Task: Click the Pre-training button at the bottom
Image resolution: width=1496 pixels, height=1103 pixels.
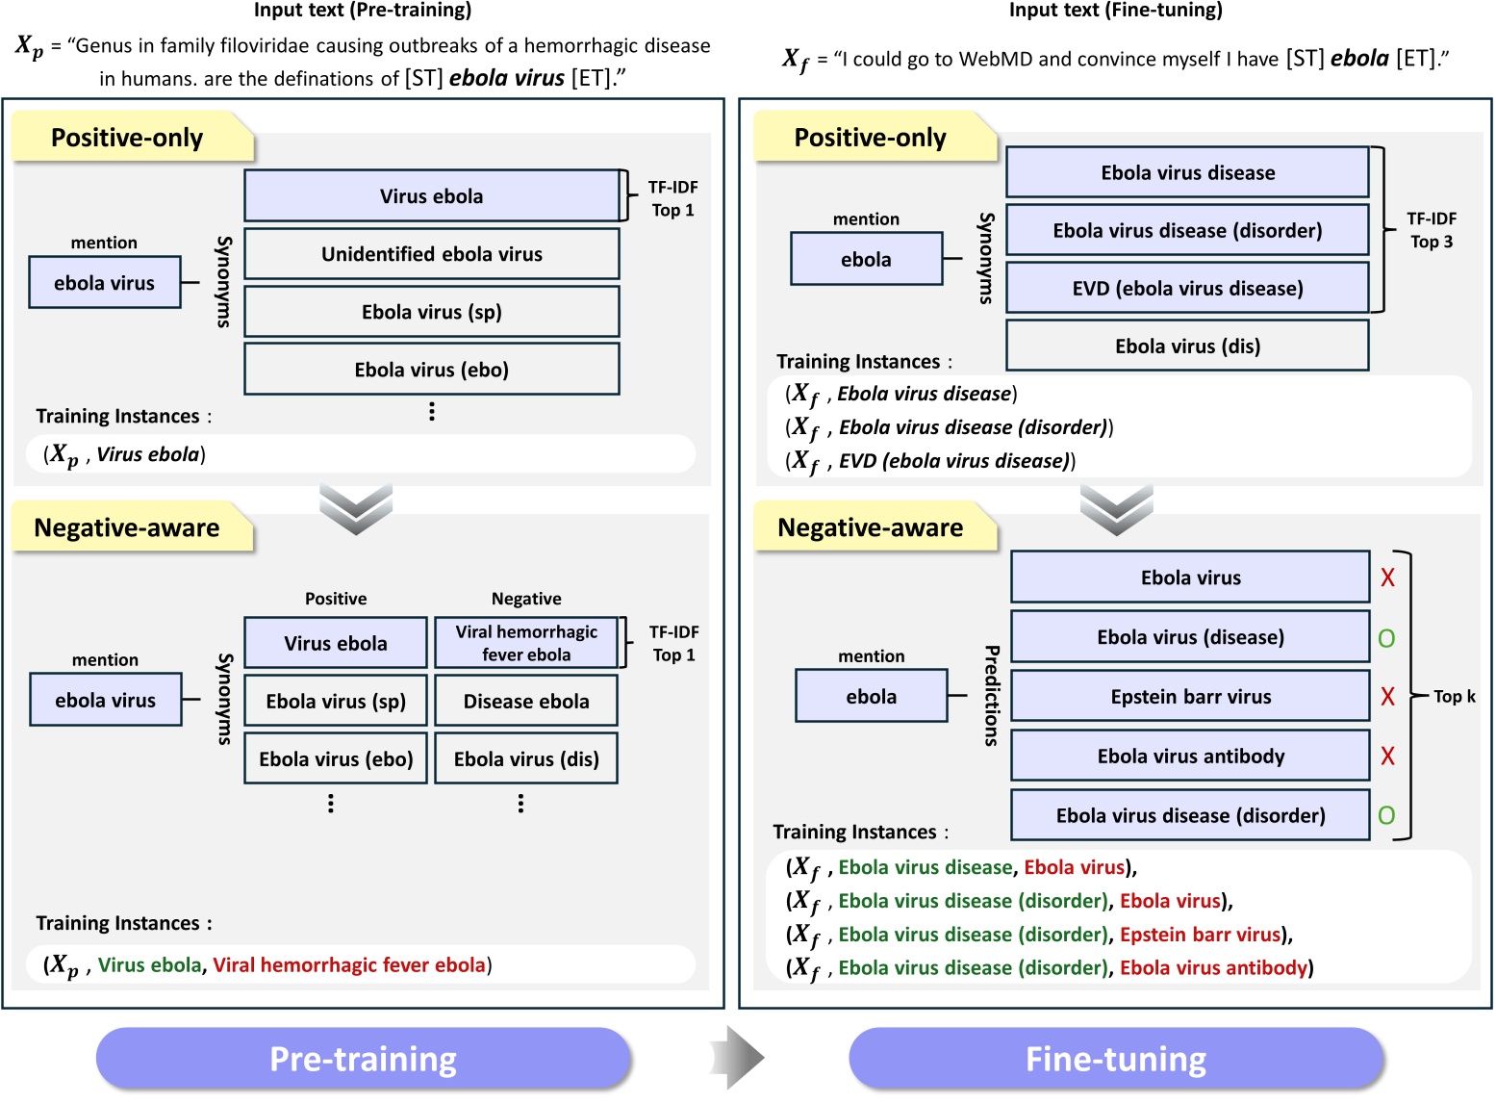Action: (x=363, y=1059)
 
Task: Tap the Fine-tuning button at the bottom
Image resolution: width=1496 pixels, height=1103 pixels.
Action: (x=1116, y=1059)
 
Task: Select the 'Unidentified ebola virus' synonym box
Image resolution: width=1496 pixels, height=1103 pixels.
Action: (x=431, y=254)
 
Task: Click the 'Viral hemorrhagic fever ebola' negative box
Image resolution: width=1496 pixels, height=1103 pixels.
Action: (x=525, y=643)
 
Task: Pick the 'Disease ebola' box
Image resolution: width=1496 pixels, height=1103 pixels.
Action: (x=525, y=702)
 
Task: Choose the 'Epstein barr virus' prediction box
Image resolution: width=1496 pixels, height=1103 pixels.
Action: (x=1190, y=697)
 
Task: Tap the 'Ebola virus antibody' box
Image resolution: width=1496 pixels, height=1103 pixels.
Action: (x=1190, y=757)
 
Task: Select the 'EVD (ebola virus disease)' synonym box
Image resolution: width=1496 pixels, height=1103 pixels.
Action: (x=1187, y=289)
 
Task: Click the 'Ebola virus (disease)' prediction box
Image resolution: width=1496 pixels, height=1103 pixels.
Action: (x=1190, y=637)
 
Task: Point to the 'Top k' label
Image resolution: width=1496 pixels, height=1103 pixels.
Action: (x=1454, y=697)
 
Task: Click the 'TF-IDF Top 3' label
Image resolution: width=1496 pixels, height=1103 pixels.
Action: (x=1432, y=230)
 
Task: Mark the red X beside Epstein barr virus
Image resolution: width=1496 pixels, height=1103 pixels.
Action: (x=1387, y=697)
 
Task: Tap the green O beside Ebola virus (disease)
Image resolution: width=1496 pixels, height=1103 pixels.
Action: (x=1386, y=638)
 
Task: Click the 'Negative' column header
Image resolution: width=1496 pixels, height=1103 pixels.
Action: (x=526, y=599)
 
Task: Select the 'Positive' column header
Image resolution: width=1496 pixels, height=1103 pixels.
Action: (x=336, y=599)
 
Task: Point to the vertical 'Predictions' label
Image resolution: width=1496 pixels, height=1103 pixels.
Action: (x=991, y=696)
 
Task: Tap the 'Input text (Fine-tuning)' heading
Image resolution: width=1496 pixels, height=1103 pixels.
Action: (x=1115, y=11)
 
